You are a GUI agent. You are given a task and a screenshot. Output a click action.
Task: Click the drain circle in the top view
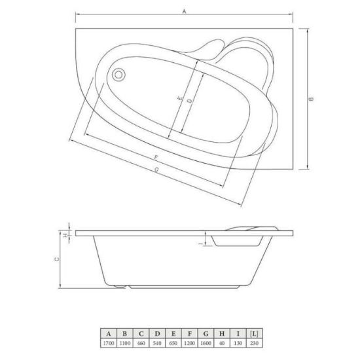click(118, 75)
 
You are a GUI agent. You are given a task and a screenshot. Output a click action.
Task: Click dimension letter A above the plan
click(184, 11)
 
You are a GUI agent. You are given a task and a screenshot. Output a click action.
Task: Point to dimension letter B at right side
click(311, 99)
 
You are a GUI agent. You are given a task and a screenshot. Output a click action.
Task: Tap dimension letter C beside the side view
click(56, 259)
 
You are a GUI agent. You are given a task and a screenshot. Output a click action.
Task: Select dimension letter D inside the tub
click(190, 101)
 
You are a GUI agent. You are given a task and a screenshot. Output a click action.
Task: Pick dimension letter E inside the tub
click(181, 98)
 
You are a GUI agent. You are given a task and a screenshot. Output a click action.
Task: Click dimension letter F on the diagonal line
click(156, 158)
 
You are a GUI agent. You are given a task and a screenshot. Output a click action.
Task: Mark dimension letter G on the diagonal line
click(156, 170)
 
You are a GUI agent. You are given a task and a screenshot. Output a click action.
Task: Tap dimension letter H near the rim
click(65, 236)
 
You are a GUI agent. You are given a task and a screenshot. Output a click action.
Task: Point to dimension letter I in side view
click(202, 243)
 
